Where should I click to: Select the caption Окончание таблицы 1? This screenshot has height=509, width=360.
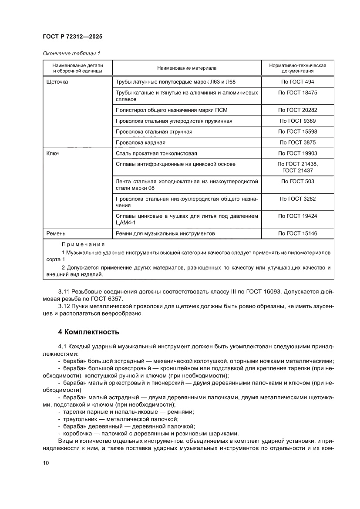coord(71,54)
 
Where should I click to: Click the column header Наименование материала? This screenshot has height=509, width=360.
coord(187,68)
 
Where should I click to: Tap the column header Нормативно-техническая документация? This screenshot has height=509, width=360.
coord(297,68)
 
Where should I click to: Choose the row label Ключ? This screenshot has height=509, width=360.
coord(53,153)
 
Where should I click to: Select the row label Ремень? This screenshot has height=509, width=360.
coord(56,233)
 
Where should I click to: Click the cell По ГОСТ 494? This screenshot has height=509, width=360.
coord(297,81)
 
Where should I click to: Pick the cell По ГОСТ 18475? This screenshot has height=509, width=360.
coord(297,93)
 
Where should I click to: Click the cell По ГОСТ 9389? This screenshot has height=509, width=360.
coord(297,121)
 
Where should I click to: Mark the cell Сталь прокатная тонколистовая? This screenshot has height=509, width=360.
coord(156,153)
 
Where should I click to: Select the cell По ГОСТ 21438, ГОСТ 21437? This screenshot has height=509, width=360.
coord(297,167)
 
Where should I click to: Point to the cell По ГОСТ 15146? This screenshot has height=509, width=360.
coord(297,233)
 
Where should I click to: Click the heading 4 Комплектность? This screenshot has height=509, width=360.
coord(88,332)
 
